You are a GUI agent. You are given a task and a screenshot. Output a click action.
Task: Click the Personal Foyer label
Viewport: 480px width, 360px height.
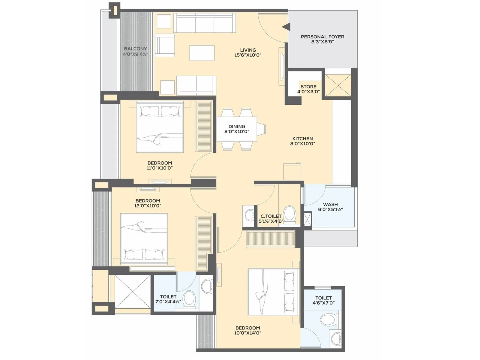(x=322, y=37)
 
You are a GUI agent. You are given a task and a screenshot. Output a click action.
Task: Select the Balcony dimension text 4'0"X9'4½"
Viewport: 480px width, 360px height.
(x=135, y=54)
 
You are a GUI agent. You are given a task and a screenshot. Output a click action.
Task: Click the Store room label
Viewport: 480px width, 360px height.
(x=308, y=87)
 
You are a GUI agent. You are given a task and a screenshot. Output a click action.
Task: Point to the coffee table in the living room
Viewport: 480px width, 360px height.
(x=202, y=53)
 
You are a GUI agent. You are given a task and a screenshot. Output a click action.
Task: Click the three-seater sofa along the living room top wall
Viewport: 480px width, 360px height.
(x=204, y=23)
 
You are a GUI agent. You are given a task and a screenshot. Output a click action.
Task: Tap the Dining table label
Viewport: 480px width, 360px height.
(x=237, y=127)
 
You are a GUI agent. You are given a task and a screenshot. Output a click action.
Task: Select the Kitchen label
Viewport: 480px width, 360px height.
(x=302, y=139)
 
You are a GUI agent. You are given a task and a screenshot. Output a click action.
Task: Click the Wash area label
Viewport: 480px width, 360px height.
(x=330, y=204)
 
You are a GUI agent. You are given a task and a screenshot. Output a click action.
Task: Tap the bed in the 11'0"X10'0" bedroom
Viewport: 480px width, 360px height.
(x=160, y=127)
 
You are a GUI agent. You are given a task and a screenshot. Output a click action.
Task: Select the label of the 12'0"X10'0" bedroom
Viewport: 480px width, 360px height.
(x=148, y=201)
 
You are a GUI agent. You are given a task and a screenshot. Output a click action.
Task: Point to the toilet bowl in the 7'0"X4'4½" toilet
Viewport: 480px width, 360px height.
(x=189, y=298)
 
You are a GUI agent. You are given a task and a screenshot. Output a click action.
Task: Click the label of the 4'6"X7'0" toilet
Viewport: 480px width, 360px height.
(x=323, y=298)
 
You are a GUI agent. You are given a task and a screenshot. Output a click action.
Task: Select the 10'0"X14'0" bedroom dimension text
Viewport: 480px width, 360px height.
(x=247, y=333)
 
